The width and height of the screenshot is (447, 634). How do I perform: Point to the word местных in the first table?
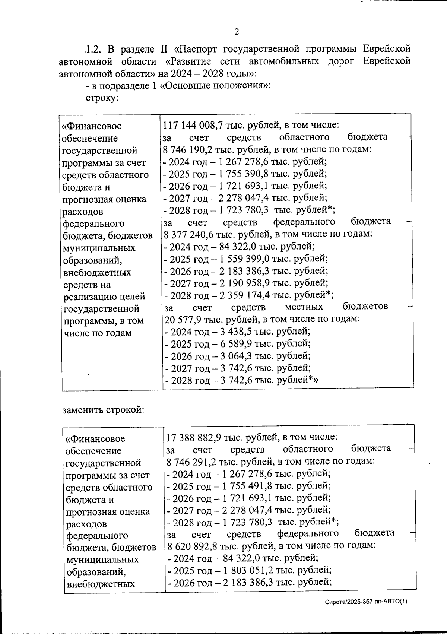(x=304, y=307)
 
